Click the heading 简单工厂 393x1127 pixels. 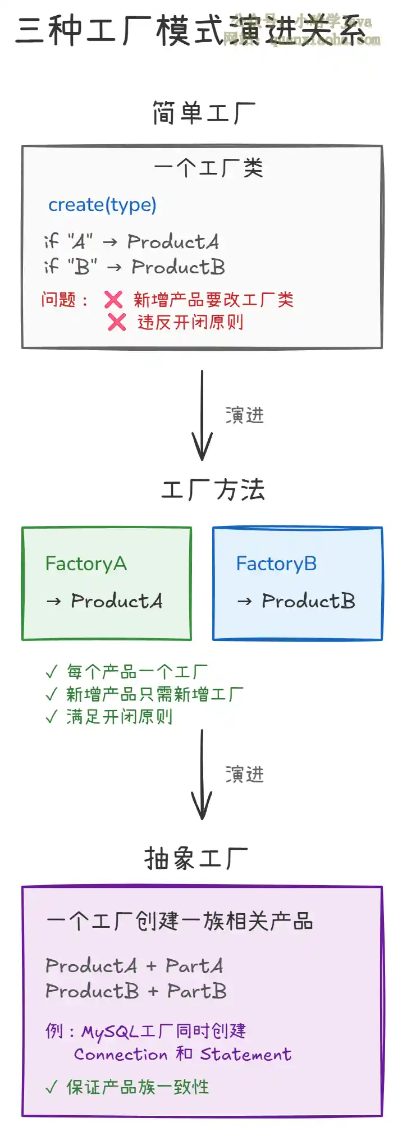pyautogui.click(x=203, y=113)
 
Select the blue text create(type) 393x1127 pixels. pyautogui.click(x=102, y=205)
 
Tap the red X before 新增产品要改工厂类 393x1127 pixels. pyautogui.click(x=113, y=300)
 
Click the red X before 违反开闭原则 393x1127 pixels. pyautogui.click(x=117, y=322)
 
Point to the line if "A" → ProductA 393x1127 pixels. pyautogui.click(x=131, y=242)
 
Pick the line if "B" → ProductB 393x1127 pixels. pyautogui.click(x=135, y=267)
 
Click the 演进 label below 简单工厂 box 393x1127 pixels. pyautogui.click(x=244, y=416)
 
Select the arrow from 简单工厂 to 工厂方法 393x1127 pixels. pyautogui.click(x=202, y=415)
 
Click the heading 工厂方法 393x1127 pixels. pyautogui.click(x=213, y=490)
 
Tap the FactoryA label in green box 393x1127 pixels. pyautogui.click(x=86, y=563)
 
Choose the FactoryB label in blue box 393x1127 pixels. pyautogui.click(x=276, y=563)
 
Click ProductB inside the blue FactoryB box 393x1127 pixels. pyautogui.click(x=308, y=601)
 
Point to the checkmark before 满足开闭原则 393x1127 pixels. pyautogui.click(x=52, y=717)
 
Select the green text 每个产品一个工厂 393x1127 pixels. pyautogui.click(x=137, y=672)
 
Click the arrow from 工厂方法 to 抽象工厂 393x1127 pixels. pyautogui.click(x=202, y=775)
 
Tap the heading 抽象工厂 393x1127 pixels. pyautogui.click(x=196, y=859)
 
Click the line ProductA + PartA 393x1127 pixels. pyautogui.click(x=135, y=966)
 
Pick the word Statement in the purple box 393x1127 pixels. pyautogui.click(x=246, y=1055)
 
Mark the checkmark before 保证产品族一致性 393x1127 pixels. pyautogui.click(x=52, y=1088)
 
